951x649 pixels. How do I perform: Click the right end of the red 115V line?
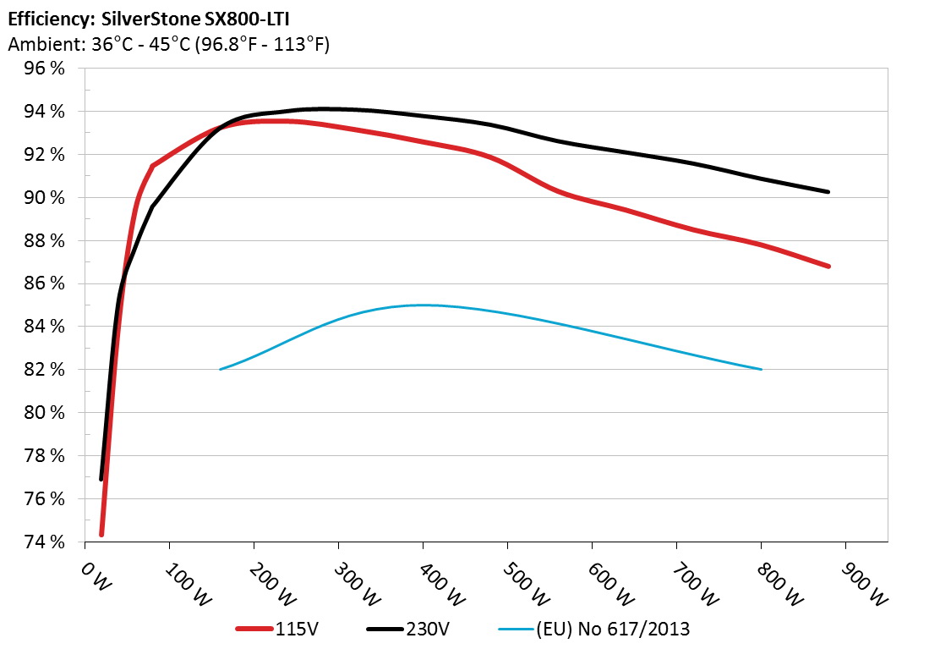828,266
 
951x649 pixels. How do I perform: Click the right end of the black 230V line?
828,192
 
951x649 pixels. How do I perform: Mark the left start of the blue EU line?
221,369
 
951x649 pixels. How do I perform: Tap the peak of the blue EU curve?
423,305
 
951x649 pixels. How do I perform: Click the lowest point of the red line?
101,535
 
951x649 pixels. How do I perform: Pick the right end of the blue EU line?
762,369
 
